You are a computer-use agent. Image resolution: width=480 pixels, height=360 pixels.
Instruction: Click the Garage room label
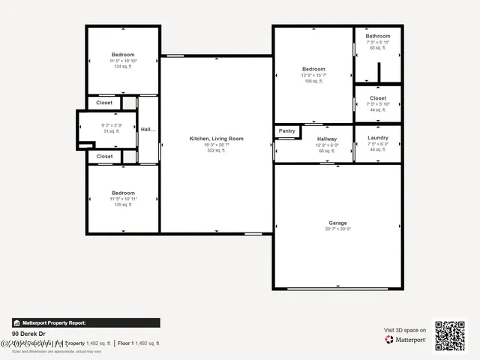[x=337, y=223]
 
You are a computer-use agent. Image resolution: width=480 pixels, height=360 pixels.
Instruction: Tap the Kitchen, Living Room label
[x=216, y=139]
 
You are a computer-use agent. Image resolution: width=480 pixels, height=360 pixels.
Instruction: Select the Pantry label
[x=287, y=130]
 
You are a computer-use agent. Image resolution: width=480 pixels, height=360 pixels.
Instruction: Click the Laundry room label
[x=378, y=138]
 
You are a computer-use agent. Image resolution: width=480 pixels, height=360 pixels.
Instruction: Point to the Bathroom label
[x=378, y=36]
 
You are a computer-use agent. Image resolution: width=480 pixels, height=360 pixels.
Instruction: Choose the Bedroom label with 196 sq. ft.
[x=313, y=69]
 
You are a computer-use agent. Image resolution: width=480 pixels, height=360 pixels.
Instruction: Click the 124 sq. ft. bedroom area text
[x=123, y=67]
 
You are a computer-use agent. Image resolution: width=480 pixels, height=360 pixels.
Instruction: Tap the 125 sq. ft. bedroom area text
[x=123, y=205]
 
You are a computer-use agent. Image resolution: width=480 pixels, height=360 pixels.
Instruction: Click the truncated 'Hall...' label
[x=148, y=129]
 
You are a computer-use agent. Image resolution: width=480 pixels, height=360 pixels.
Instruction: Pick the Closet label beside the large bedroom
[x=378, y=97]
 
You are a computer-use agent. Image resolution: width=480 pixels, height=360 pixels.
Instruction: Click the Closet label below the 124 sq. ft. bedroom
[x=104, y=103]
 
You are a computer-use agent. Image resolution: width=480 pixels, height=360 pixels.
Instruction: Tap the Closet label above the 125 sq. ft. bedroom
[x=104, y=157]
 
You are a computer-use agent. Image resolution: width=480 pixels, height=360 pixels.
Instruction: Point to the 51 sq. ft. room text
[x=111, y=131]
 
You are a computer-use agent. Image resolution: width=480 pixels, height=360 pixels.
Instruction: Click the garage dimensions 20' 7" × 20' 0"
[x=337, y=229]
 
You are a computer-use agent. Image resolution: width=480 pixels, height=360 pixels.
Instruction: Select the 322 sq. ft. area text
[x=216, y=151]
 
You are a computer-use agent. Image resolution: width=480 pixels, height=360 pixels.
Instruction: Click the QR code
[x=450, y=336]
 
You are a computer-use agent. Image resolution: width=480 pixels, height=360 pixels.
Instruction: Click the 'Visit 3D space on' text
[x=405, y=330]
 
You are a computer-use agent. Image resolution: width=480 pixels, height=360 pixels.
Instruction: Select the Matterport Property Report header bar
[x=85, y=322]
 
